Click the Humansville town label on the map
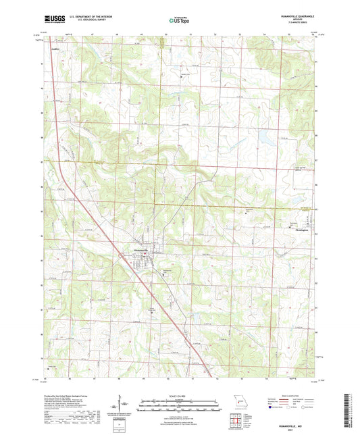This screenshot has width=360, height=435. (137, 251)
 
